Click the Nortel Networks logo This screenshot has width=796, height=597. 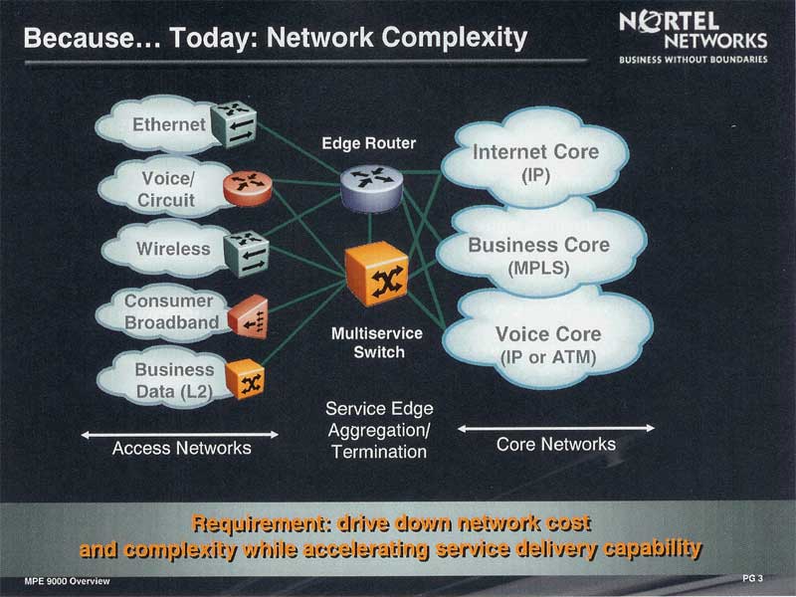(694, 37)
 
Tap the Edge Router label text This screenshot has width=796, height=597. (369, 143)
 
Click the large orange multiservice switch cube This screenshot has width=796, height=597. (377, 274)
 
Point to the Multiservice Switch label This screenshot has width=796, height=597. (377, 342)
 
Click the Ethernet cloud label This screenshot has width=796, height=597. (169, 124)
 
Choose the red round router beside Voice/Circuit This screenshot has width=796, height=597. (248, 188)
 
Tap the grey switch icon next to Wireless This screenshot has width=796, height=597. (247, 254)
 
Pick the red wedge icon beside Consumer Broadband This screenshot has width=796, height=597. (248, 316)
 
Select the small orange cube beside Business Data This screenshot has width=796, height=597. (245, 379)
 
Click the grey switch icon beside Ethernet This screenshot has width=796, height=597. (234, 124)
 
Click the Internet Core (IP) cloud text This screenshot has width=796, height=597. (535, 163)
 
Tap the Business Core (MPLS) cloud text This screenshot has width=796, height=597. (538, 257)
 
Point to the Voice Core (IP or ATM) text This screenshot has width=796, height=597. (548, 345)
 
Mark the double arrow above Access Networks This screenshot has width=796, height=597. (180, 435)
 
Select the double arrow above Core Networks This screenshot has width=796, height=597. (556, 429)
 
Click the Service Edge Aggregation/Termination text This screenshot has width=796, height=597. (379, 430)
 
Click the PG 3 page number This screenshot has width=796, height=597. (752, 578)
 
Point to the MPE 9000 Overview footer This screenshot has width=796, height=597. (67, 581)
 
